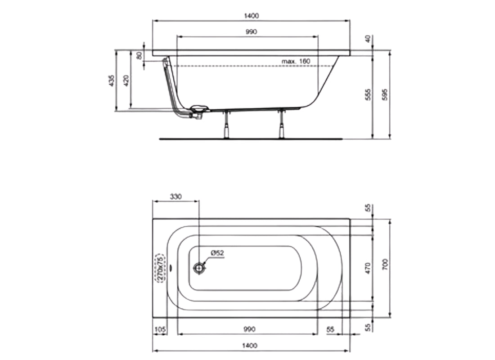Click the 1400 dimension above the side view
pos(251,16)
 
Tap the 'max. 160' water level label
pos(296,61)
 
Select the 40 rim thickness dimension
pos(368,39)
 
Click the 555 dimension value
pos(368,94)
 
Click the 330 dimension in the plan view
pos(175,196)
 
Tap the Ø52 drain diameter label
pos(218,253)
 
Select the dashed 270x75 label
pos(159,268)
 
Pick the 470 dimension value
pos(368,268)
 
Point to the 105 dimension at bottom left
pos(160,329)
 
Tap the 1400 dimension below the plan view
pos(251,345)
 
